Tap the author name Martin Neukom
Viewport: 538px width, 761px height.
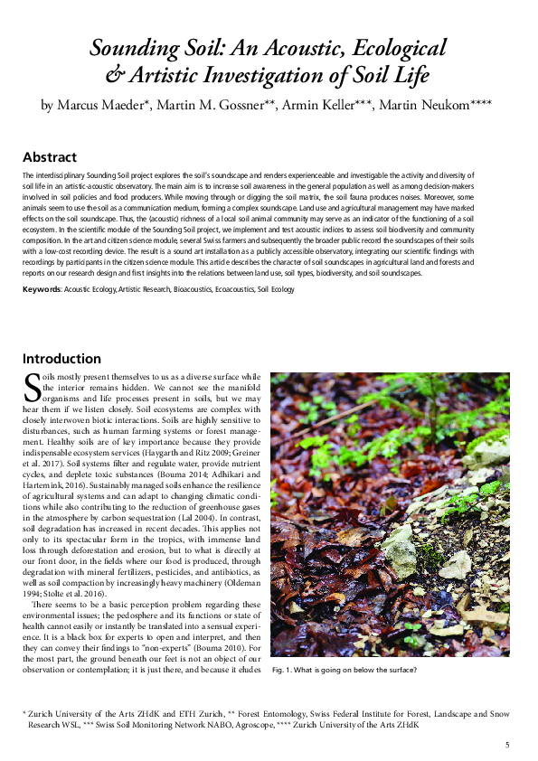426,106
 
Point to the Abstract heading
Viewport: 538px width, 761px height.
50,156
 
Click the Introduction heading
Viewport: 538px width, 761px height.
61,359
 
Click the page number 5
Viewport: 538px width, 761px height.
507,744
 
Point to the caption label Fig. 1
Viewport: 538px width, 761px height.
284,670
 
